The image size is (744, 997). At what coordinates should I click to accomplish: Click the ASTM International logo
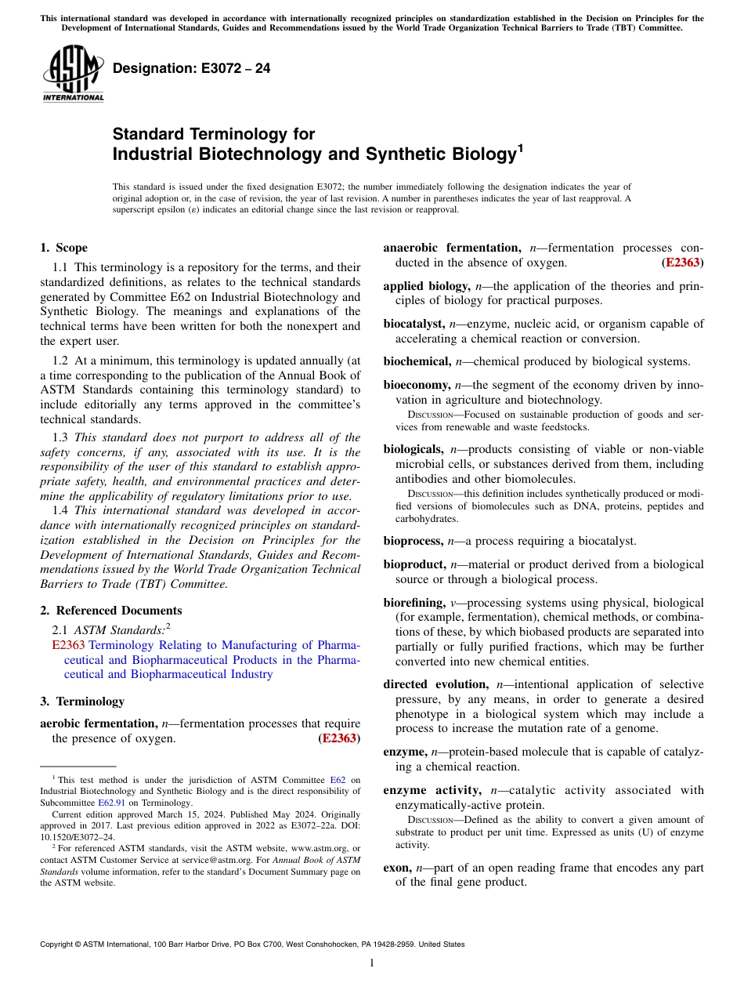tap(73, 74)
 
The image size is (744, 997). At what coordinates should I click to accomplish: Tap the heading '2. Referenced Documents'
tap(110, 611)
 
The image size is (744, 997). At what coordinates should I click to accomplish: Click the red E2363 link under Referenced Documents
tap(68, 645)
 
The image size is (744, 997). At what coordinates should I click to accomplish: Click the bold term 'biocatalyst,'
tap(414, 324)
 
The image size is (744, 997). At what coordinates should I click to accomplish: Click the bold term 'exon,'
tap(398, 868)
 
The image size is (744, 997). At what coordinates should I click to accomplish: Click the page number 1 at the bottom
tap(372, 963)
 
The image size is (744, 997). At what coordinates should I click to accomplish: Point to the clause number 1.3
tap(60, 437)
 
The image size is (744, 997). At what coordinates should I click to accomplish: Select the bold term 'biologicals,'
tap(414, 449)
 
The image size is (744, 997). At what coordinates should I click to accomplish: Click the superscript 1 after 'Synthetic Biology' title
tap(519, 147)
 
